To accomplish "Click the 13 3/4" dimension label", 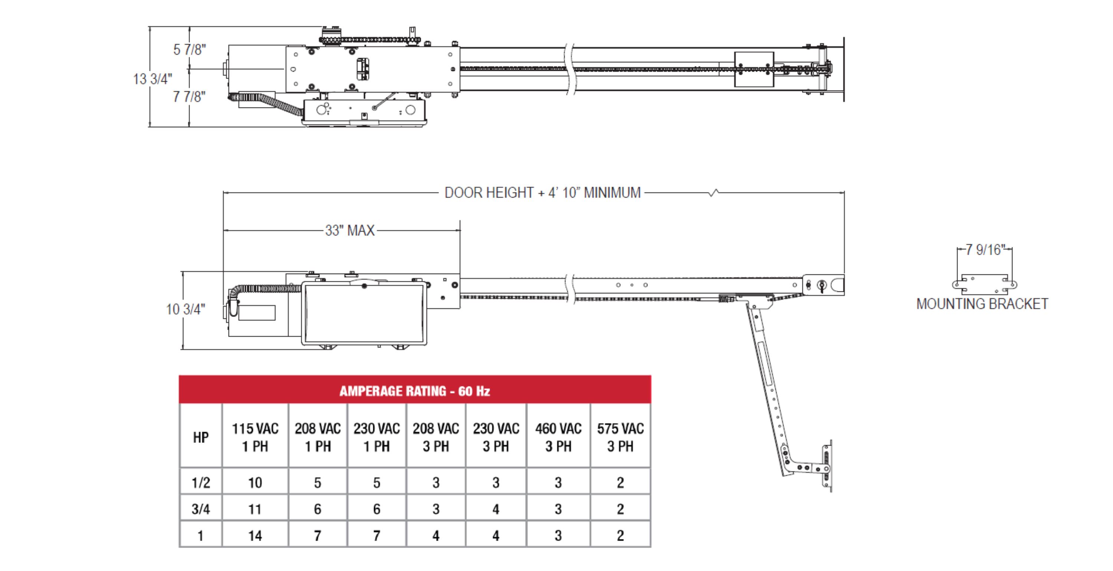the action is (152, 79).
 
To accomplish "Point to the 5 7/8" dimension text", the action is (190, 50).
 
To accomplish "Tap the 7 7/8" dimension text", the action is (189, 96).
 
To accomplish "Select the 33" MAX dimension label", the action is (350, 230).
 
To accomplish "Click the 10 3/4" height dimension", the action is (186, 309).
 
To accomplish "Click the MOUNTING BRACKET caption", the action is (982, 304).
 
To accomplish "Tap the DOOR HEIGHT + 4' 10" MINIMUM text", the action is (543, 193).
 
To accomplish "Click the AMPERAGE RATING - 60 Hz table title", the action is (415, 391).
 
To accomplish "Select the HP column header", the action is (201, 438).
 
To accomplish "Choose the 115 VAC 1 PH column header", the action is (255, 437).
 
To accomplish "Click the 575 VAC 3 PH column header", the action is (620, 437).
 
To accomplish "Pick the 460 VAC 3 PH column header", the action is (558, 437).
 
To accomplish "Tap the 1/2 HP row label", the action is (201, 482).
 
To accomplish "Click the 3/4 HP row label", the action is (201, 509).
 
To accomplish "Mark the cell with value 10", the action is (255, 482).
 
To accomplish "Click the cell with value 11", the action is (255, 509).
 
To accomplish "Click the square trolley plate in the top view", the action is (754, 69).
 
